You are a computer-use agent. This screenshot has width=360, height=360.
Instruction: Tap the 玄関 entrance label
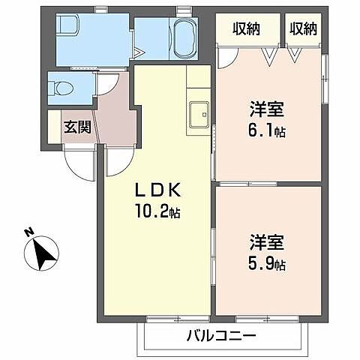click(x=77, y=127)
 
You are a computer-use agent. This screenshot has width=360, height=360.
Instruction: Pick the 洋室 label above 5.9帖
click(x=266, y=244)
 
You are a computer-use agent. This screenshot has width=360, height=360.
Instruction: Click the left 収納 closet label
click(x=246, y=29)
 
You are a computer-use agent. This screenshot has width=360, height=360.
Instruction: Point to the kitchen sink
click(x=199, y=114)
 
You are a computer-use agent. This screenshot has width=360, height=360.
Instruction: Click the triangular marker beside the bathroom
click(x=139, y=52)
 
